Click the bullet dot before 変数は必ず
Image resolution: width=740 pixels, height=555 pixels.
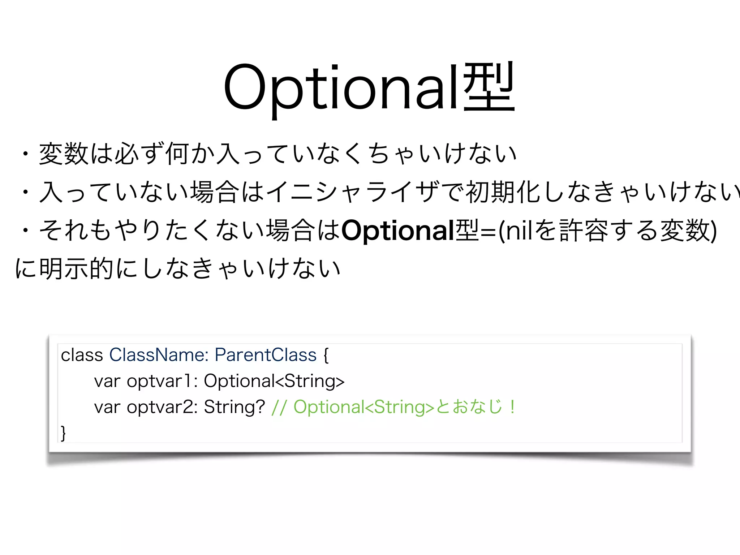[x=25, y=154]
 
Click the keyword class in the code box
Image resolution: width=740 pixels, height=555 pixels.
[x=82, y=355]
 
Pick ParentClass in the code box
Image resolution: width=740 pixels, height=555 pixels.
[x=266, y=355]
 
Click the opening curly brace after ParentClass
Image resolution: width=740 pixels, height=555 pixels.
[x=326, y=355]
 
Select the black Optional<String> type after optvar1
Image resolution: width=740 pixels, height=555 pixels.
[x=274, y=381]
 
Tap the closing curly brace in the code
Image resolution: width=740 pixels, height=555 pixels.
[x=64, y=433]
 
